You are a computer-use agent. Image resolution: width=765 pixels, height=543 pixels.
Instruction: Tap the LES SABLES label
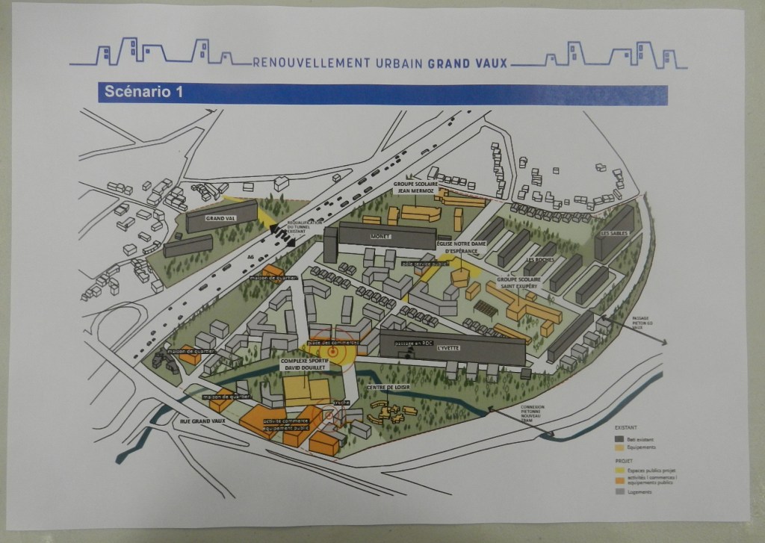click(x=615, y=233)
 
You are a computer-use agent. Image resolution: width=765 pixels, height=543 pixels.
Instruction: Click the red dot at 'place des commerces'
click(x=334, y=351)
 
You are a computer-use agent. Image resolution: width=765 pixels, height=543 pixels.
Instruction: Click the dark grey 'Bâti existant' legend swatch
click(x=619, y=439)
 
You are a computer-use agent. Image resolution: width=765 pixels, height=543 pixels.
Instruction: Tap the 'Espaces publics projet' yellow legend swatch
click(x=619, y=471)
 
